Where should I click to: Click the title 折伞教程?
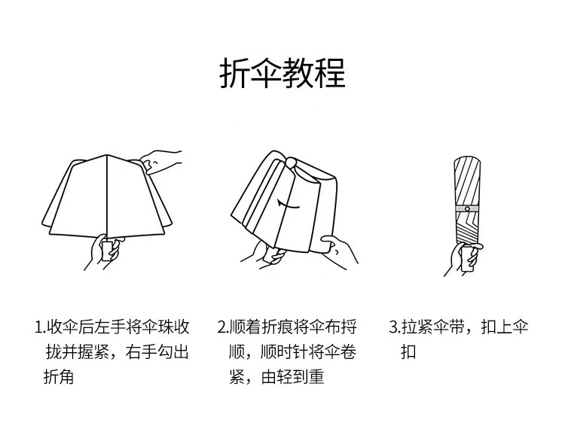click(x=282, y=73)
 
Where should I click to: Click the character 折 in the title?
click(x=234, y=73)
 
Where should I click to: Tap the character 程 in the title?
click(x=331, y=73)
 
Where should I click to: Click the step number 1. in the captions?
click(x=41, y=327)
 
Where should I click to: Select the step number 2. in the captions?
click(x=223, y=327)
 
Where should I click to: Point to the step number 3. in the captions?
click(x=395, y=327)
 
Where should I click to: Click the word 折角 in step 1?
click(x=58, y=377)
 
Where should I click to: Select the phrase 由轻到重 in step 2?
click(x=292, y=377)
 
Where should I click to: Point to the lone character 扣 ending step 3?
click(x=408, y=352)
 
